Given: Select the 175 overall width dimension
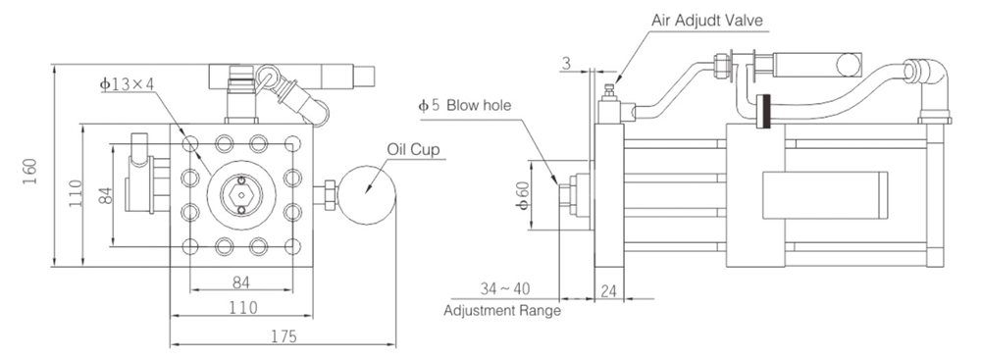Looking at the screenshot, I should [285, 335].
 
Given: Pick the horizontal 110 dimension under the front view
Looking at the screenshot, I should [241, 308].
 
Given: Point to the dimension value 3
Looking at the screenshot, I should [569, 64].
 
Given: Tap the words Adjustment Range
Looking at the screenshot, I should [502, 311].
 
